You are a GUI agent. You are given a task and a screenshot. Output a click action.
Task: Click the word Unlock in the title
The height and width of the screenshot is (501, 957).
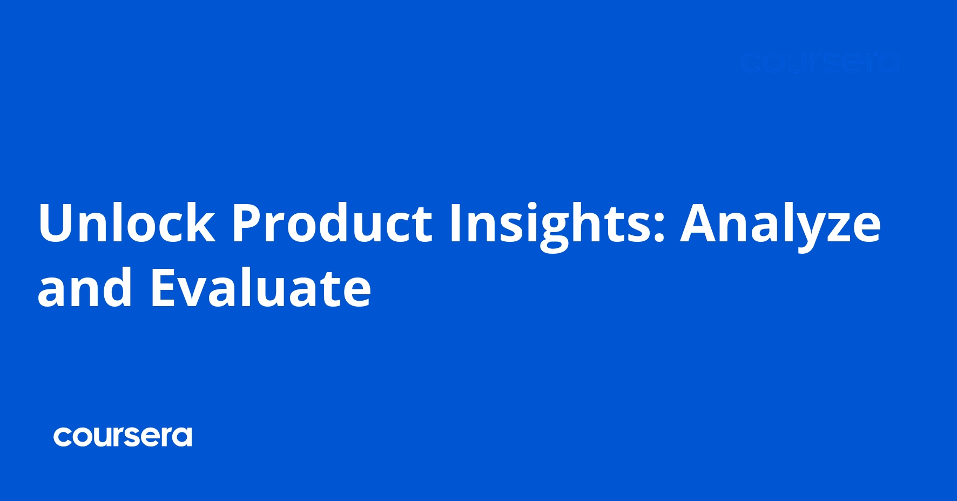pyautogui.click(x=126, y=223)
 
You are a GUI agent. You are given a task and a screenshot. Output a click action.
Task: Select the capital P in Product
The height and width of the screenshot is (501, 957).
pyautogui.click(x=247, y=223)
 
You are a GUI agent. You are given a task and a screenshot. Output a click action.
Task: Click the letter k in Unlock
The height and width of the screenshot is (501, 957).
pyautogui.click(x=202, y=222)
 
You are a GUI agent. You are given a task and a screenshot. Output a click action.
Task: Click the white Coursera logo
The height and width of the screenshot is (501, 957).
pyautogui.click(x=123, y=437)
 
